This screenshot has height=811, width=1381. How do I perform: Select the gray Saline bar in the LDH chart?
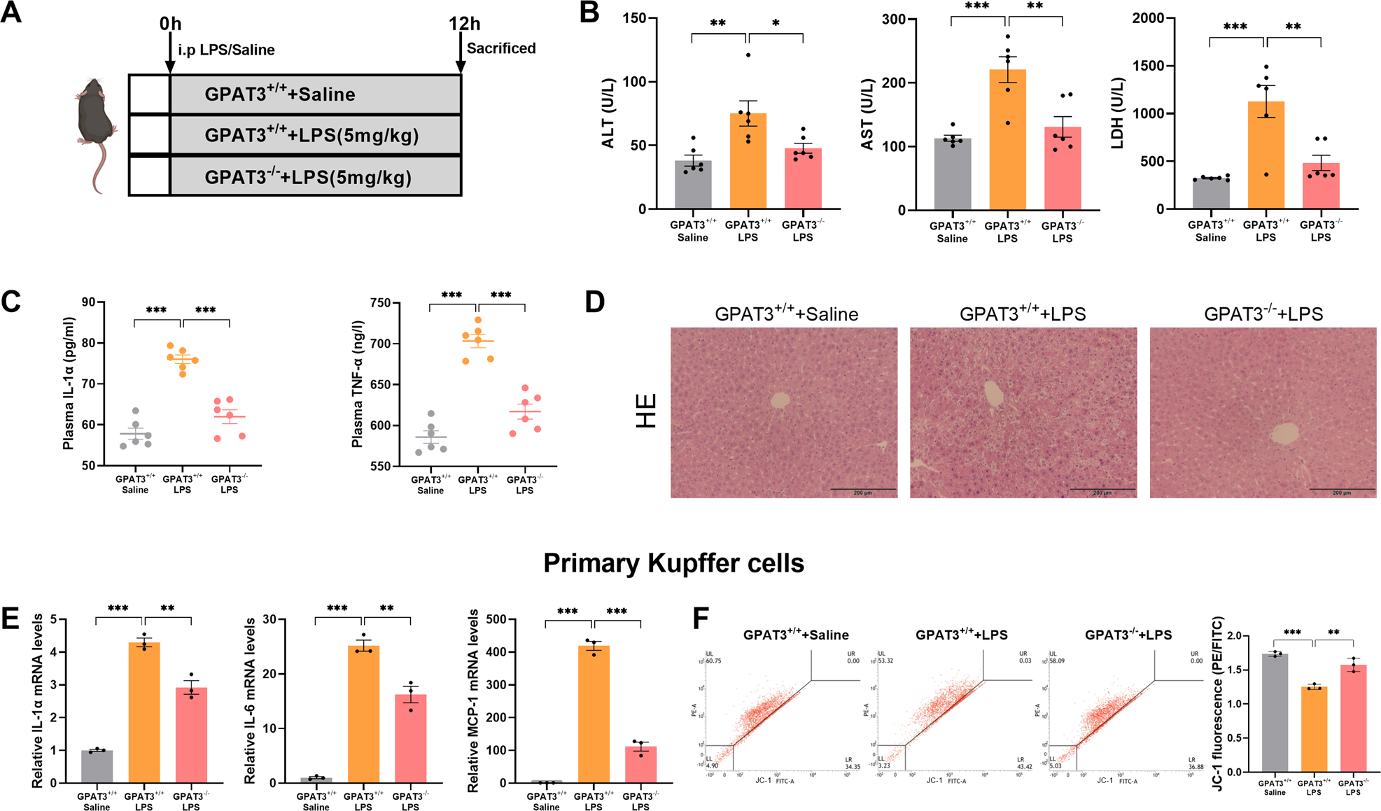pos(1211,195)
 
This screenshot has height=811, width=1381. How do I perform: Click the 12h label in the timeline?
pos(464,24)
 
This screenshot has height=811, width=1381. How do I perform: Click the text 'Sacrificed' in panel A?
pos(501,48)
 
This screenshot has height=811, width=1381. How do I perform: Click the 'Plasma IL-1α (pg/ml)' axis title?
pos(69,383)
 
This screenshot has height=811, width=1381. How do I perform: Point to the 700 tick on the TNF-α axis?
pos(381,344)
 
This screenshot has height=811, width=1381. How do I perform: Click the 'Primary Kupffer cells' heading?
pos(673,563)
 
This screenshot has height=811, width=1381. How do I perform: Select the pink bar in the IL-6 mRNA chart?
pos(410,738)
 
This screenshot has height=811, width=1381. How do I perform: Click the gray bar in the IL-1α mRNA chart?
pos(97,766)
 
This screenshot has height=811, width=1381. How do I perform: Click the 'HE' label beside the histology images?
pos(645,411)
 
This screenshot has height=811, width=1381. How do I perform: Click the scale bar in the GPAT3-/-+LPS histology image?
pos(1341,488)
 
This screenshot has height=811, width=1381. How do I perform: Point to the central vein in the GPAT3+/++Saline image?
pos(780,400)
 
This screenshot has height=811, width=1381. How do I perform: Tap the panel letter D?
pos(594,302)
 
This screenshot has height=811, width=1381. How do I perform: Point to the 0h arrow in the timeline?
pos(169,56)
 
